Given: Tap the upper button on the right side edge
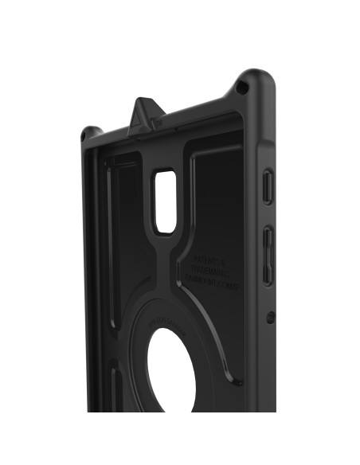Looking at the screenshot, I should click(268, 186).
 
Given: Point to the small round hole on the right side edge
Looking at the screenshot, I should click(270, 316).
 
